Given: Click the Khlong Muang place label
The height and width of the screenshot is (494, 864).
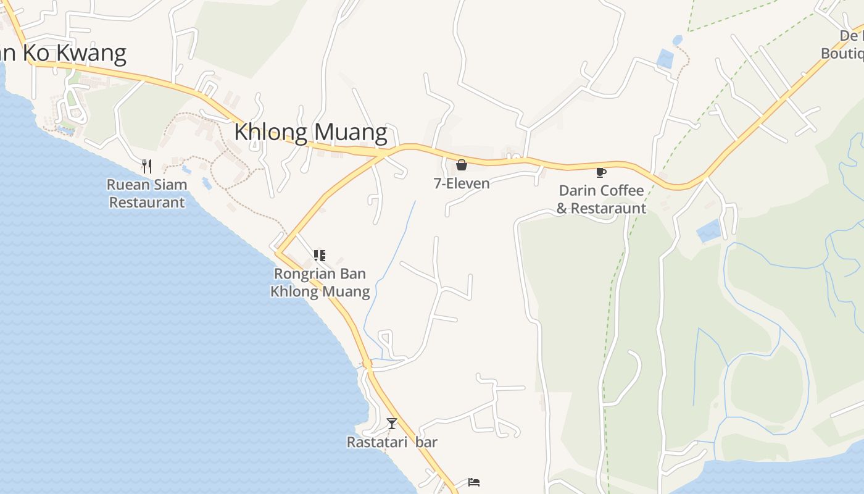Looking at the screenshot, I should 310,132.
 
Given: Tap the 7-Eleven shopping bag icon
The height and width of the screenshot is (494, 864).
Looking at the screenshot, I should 462,165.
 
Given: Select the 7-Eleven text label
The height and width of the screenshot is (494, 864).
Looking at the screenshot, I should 462,183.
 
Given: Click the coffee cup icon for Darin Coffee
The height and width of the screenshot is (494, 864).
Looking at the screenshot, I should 600,172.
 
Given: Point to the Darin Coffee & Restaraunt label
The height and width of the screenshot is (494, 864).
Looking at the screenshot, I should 601,199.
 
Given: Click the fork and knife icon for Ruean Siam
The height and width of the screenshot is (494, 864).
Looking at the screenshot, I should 147,166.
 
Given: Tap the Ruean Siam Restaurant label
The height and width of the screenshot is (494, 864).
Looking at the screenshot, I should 147,193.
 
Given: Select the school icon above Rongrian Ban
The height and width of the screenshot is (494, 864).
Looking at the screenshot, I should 319,255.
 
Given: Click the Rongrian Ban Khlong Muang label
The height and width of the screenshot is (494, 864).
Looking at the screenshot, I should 320,282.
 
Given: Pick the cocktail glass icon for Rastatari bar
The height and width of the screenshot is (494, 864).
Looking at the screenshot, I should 391,424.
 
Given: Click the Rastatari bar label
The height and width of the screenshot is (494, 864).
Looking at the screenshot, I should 392,442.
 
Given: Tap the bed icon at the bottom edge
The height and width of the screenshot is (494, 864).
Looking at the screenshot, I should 474,482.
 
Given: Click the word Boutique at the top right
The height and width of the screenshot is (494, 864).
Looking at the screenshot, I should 842,54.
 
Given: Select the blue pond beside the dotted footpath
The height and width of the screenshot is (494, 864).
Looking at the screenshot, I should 665,59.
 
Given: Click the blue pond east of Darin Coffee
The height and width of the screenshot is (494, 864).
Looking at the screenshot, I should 708,231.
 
